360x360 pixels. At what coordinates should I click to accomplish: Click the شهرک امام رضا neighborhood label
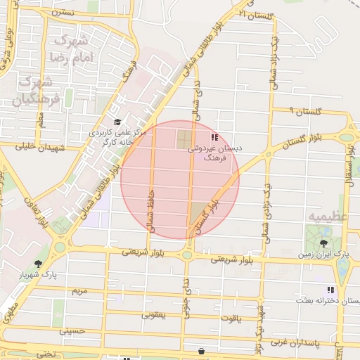click(x=68, y=48)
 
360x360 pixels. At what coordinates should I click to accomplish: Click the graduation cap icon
click(x=117, y=122)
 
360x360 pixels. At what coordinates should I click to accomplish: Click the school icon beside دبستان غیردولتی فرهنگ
click(x=214, y=136)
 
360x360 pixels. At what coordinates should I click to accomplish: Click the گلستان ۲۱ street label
click(x=255, y=15)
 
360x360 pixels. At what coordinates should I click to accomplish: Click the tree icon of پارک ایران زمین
click(x=323, y=243)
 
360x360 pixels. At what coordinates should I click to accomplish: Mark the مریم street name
click(x=79, y=290)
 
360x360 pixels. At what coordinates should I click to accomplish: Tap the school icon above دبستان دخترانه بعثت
click(x=330, y=290)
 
